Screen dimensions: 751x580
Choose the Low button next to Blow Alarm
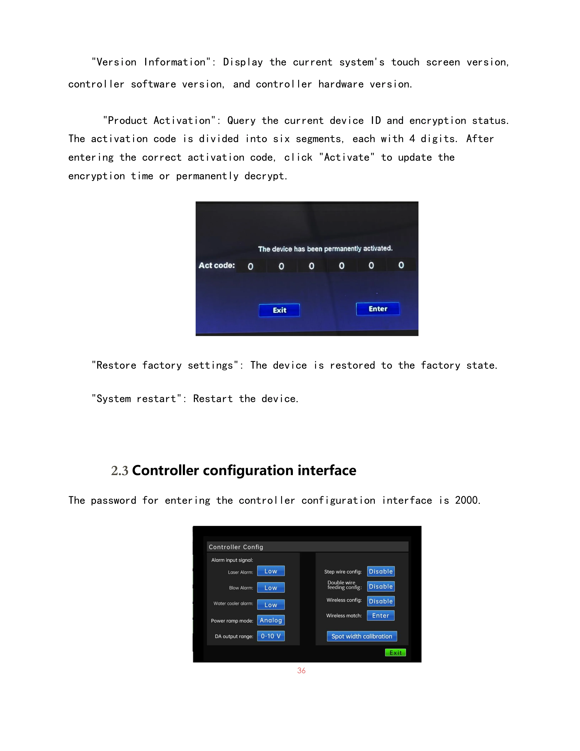(x=271, y=588)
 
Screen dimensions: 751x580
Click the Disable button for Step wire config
(x=381, y=571)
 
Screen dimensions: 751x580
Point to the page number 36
(x=301, y=670)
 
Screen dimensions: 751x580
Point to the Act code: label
(x=216, y=265)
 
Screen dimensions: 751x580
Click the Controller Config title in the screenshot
(x=236, y=547)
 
